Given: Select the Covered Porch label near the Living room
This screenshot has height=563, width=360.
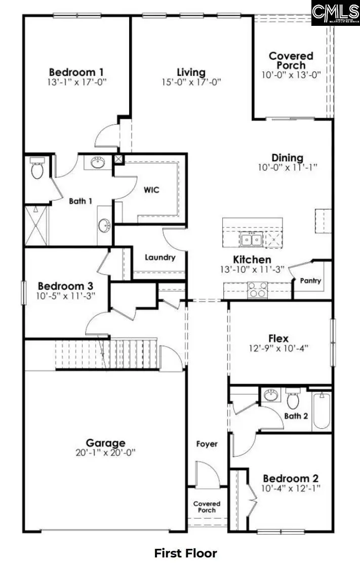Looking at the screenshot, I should tap(291, 60).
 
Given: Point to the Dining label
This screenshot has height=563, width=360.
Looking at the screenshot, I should tap(287, 158).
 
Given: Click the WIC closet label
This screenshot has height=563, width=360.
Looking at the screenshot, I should tap(151, 190).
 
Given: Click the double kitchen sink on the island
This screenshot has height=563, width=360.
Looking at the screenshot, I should tap(251, 239).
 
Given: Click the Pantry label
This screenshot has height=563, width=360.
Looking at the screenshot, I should tap(310, 280).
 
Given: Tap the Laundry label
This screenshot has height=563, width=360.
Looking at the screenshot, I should tap(160, 257).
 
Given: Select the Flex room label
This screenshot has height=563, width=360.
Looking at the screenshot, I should tap(278, 339).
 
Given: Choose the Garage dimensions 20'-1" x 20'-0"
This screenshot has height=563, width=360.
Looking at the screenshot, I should tap(105, 453).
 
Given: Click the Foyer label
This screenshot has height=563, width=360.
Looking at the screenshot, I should tap(207, 444).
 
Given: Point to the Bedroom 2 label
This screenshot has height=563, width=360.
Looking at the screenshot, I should tap(291, 478).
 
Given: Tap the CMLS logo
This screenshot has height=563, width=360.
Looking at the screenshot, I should tap(335, 13).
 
